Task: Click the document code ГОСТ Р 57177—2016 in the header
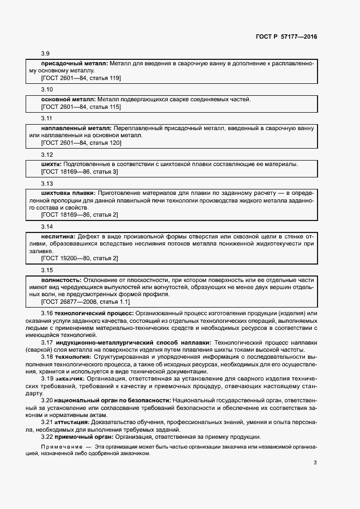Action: click(x=286, y=36)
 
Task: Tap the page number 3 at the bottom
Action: click(x=315, y=463)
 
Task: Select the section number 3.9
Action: click(x=46, y=54)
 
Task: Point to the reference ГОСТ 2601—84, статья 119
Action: click(x=81, y=78)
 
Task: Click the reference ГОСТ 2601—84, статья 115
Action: click(x=81, y=107)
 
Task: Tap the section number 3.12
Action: click(x=47, y=154)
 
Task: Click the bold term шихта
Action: click(x=51, y=164)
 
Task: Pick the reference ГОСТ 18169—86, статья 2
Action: click(x=80, y=214)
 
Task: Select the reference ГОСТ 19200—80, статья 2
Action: click(x=80, y=258)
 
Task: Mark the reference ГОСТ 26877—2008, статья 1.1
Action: click(x=86, y=301)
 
